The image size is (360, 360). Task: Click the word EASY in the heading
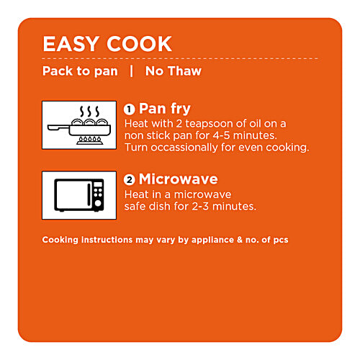pyautogui.click(x=70, y=44)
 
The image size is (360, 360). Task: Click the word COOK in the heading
pyautogui.click(x=139, y=44)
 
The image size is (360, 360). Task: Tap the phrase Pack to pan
pyautogui.click(x=80, y=71)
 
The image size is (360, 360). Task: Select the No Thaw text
pyautogui.click(x=174, y=71)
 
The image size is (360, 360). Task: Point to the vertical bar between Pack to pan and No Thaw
pyautogui.click(x=131, y=71)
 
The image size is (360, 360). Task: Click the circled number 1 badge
pyautogui.click(x=130, y=109)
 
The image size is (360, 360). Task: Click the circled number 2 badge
pyautogui.click(x=130, y=180)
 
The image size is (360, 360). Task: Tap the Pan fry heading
pyautogui.click(x=165, y=109)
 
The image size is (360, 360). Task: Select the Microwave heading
pyautogui.click(x=179, y=179)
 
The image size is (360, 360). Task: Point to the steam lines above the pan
pyautogui.click(x=89, y=112)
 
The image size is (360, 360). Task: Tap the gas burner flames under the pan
pyautogui.click(x=90, y=139)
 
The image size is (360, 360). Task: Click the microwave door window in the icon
pyautogui.click(x=72, y=194)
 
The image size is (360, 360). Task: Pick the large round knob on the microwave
pyautogui.click(x=98, y=203)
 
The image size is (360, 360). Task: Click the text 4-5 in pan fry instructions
pyautogui.click(x=222, y=135)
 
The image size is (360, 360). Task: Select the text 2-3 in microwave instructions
pyautogui.click(x=200, y=207)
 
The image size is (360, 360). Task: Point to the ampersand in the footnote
pyautogui.click(x=240, y=240)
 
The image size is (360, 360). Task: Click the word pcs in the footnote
pyautogui.click(x=281, y=240)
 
